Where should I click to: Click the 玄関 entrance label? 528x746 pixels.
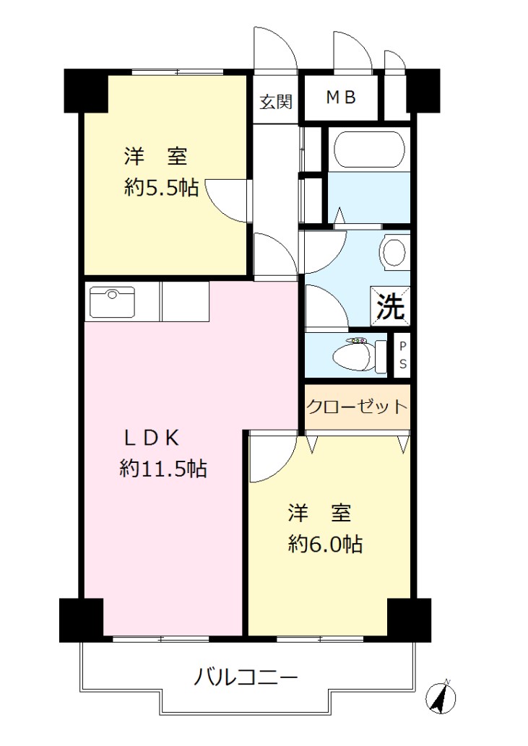(276, 102)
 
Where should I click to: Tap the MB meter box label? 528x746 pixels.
(341, 97)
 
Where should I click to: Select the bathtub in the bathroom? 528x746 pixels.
(370, 149)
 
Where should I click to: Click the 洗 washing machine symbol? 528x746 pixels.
(391, 306)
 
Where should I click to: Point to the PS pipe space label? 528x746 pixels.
(403, 355)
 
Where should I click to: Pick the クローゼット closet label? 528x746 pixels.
(358, 407)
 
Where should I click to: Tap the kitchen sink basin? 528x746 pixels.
(112, 302)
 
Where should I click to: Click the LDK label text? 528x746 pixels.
(152, 438)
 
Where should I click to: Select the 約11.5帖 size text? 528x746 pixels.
(163, 469)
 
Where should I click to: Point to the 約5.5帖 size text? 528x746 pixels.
(161, 188)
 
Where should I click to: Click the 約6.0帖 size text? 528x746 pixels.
(325, 544)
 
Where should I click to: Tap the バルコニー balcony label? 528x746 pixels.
(246, 677)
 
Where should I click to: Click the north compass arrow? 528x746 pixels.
(441, 698)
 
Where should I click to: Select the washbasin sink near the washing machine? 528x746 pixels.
(394, 252)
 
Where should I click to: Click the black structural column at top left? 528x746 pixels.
(86, 90)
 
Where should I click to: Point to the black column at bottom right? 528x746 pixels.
(409, 620)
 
